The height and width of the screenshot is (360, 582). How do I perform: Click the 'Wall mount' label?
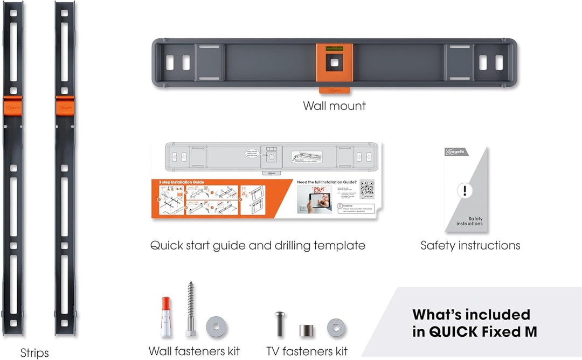click(334, 106)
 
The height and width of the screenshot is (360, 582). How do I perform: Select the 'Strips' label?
click(34, 353)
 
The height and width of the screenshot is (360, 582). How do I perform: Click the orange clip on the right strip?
click(65, 106)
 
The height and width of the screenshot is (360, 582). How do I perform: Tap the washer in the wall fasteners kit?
click(216, 326)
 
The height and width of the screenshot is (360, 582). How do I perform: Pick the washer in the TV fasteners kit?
click(336, 327)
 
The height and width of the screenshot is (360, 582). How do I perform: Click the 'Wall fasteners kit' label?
click(195, 351)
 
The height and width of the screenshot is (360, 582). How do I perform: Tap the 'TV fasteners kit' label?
click(307, 351)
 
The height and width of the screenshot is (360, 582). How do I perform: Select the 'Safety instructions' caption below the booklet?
click(470, 246)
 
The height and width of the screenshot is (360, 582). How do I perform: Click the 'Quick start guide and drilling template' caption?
click(258, 246)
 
